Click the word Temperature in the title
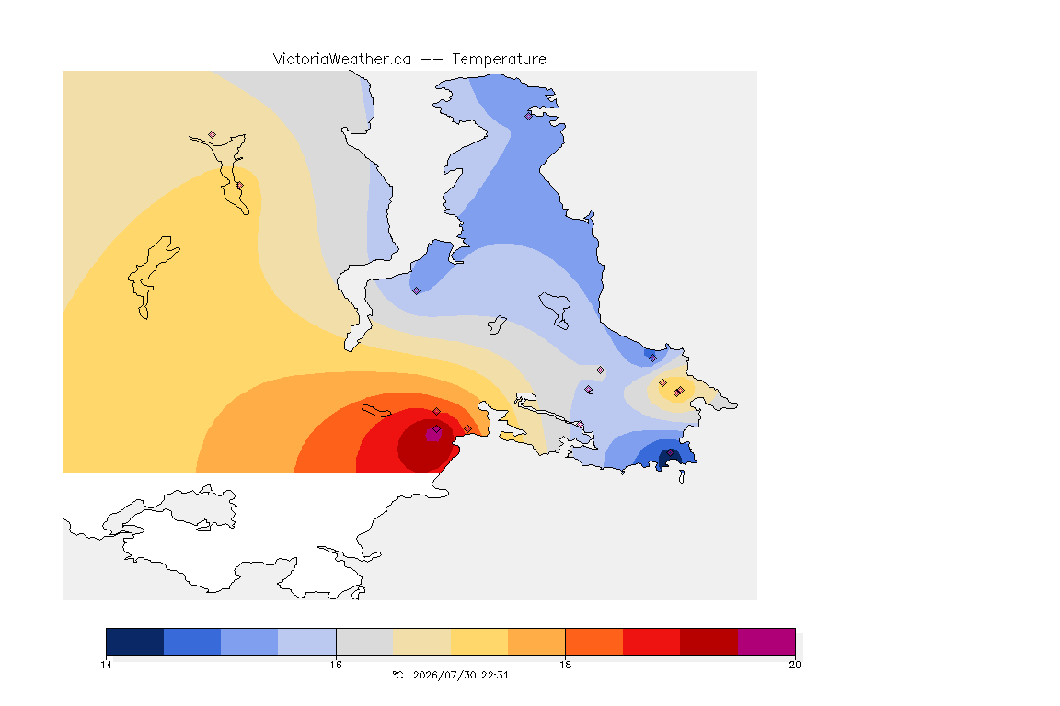coord(499,60)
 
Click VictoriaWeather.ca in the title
coord(342,60)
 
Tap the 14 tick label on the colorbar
coord(106,665)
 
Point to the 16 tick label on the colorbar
coord(336,665)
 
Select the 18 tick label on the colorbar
coord(565,665)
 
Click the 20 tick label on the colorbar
coord(795,665)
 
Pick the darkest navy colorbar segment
coord(135,642)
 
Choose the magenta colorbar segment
coord(766,642)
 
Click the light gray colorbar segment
coord(365,642)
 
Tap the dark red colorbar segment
coord(709,642)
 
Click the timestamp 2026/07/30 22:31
coord(460,675)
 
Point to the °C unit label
coord(398,675)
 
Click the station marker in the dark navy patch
coord(671,452)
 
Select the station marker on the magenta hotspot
coord(437,429)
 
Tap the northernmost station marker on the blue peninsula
coord(529,116)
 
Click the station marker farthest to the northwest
coord(213,135)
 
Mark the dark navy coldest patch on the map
coord(669,459)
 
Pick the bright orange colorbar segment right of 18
coord(594,642)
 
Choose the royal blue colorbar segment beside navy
coord(192,642)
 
